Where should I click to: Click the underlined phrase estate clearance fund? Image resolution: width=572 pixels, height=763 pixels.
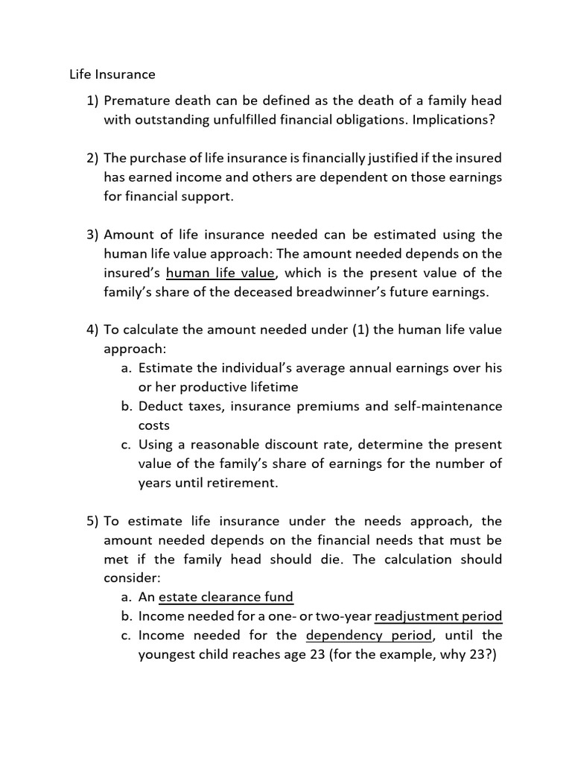click(x=226, y=597)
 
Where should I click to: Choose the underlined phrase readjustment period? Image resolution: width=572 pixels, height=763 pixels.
click(x=439, y=616)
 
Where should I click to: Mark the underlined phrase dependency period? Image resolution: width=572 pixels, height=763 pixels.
click(x=369, y=636)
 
